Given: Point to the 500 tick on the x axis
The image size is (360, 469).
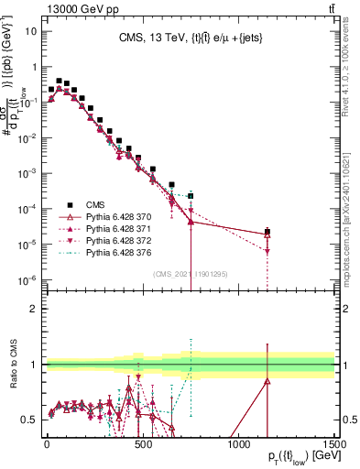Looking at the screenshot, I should (142, 443).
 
